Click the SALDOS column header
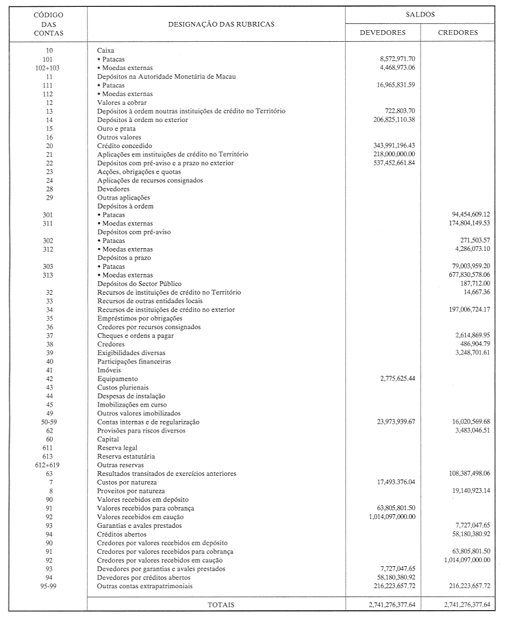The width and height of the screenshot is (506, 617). [x=425, y=14]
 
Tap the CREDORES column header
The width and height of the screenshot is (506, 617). [x=459, y=32]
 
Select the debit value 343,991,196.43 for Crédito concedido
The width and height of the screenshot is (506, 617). [x=396, y=145]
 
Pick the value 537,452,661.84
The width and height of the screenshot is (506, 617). [x=396, y=163]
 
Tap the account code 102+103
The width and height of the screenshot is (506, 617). [x=49, y=68]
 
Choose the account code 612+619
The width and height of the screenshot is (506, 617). [x=49, y=464]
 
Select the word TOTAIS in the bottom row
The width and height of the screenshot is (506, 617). [x=216, y=605]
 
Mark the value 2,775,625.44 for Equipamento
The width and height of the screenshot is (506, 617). [x=401, y=378]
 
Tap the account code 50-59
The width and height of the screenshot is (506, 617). [x=49, y=422]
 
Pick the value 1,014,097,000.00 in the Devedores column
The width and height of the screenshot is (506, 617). [x=391, y=516]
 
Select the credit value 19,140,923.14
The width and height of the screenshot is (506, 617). [x=467, y=491]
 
